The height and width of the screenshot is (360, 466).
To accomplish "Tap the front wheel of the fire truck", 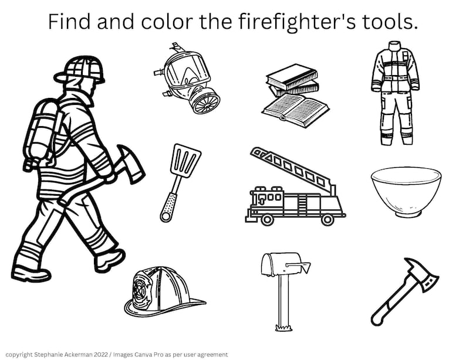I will pyautogui.click(x=268, y=219).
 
